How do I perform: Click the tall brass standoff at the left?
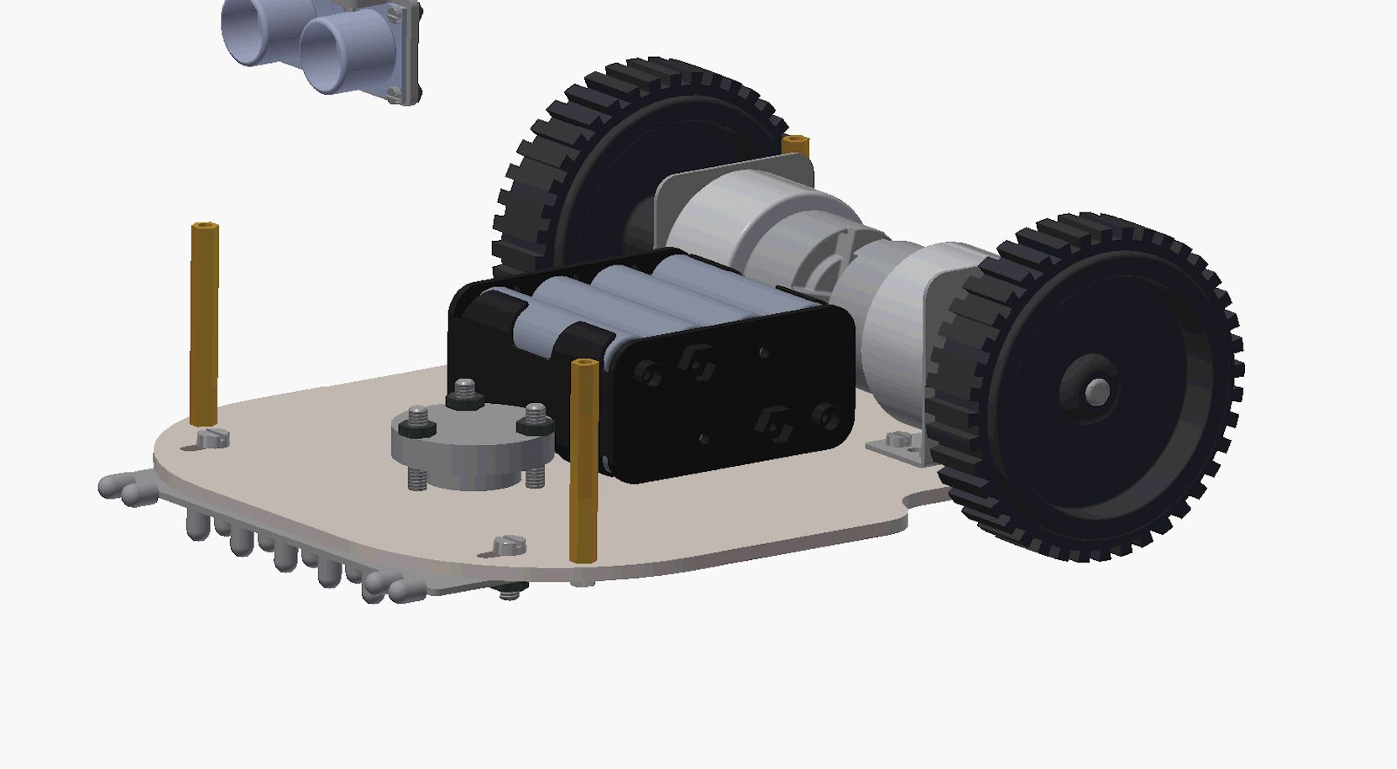(x=204, y=323)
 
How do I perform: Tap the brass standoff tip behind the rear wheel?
(x=795, y=145)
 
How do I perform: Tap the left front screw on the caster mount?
(x=418, y=421)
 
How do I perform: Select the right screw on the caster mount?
(x=536, y=417)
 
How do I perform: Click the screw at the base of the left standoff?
(x=213, y=437)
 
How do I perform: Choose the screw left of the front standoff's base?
(x=510, y=546)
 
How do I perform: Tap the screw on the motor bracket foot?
(x=899, y=439)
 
